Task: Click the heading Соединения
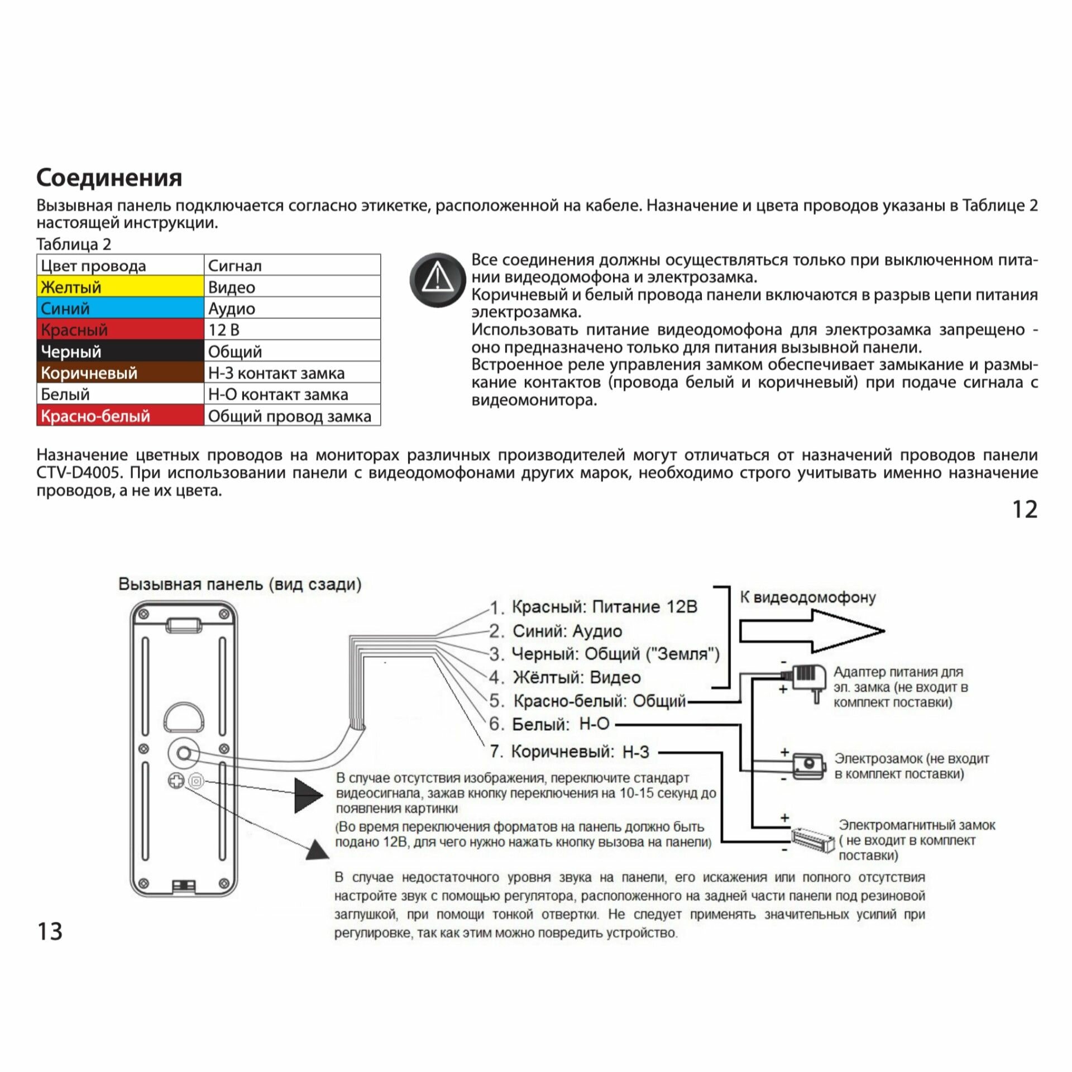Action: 109,178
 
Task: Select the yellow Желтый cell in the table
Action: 120,287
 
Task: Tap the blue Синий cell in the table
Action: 120,308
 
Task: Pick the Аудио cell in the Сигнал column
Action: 292,308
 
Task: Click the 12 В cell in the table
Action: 292,329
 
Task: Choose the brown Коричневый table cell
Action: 120,372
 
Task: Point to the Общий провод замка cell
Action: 292,416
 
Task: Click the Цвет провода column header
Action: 120,266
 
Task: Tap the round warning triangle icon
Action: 437,279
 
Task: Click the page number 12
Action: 1025,509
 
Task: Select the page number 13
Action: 50,931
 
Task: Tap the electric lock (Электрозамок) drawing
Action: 808,765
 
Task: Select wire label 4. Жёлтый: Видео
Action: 565,678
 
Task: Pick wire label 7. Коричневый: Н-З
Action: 569,752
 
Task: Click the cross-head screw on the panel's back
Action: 176,781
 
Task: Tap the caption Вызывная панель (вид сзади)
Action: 240,584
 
